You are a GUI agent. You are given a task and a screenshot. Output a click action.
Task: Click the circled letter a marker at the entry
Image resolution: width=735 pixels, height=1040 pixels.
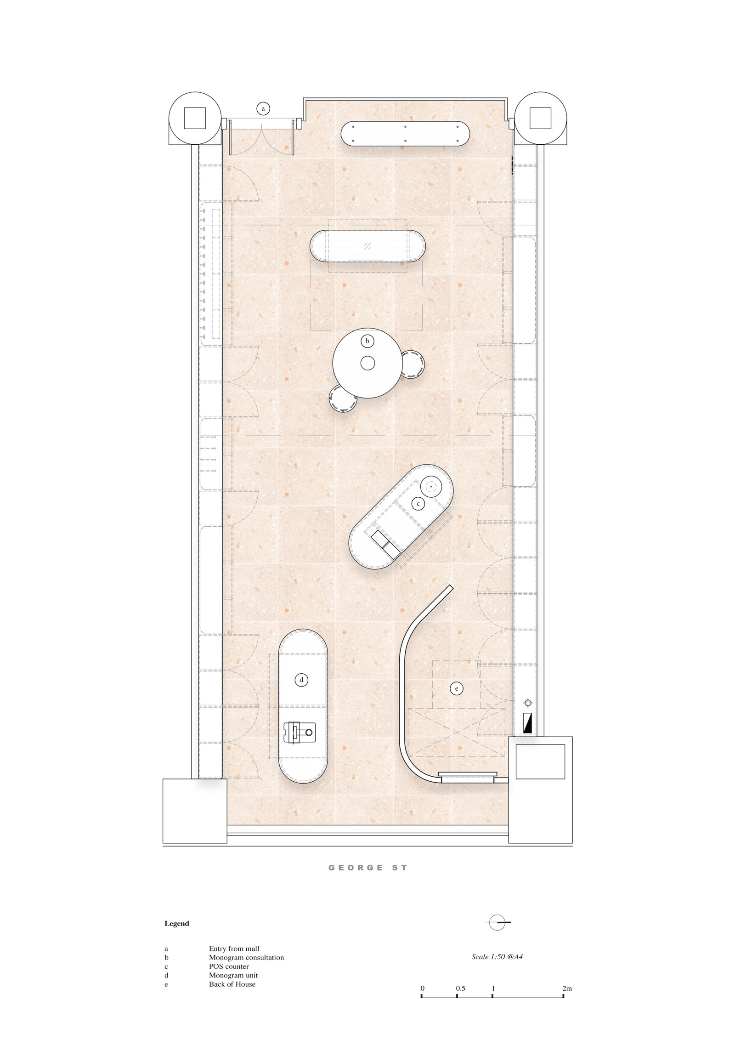coord(263,109)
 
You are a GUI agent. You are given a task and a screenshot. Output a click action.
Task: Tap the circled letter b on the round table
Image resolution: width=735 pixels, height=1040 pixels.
coord(367,341)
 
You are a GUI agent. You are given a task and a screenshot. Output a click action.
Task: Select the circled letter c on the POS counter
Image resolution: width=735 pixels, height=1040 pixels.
coord(418,504)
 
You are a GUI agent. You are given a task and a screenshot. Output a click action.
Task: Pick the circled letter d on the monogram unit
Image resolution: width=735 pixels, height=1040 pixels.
coord(301,680)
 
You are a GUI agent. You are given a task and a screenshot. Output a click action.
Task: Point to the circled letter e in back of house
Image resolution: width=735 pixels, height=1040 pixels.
coord(457,688)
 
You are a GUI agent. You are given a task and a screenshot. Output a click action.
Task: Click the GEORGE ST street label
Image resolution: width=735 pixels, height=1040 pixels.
coord(367,868)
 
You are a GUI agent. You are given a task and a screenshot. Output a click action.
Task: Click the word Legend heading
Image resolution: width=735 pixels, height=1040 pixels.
coord(177,923)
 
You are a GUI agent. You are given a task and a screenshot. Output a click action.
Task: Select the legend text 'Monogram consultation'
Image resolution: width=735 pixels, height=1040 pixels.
coord(246,957)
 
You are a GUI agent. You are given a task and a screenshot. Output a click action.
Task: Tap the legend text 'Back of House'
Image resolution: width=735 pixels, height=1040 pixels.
coord(232,984)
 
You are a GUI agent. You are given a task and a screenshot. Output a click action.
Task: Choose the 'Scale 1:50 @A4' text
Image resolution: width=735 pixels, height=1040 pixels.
coord(497,956)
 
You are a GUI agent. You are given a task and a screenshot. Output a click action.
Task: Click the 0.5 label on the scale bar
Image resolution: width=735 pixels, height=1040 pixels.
coord(460,988)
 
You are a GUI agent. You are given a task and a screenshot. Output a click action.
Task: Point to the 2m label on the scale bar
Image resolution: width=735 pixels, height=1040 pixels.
coord(567,988)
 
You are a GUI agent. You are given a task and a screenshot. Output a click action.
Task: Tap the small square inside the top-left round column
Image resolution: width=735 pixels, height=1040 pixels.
coord(195,118)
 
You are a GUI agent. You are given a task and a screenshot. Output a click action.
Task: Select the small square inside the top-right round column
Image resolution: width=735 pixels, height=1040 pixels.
coord(540,118)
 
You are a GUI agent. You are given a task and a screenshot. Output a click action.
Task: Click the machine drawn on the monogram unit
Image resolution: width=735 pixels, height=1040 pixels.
coord(299,732)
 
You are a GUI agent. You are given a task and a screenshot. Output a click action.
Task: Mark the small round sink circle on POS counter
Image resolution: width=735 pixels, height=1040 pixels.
coord(431,486)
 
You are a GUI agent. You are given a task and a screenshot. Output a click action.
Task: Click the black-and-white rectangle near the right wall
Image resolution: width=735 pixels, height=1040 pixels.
coord(527,723)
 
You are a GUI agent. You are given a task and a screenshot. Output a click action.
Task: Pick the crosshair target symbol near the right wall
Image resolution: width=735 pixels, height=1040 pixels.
coord(528,703)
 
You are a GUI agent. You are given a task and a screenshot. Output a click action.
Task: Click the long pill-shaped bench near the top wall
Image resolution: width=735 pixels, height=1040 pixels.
coord(405,134)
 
